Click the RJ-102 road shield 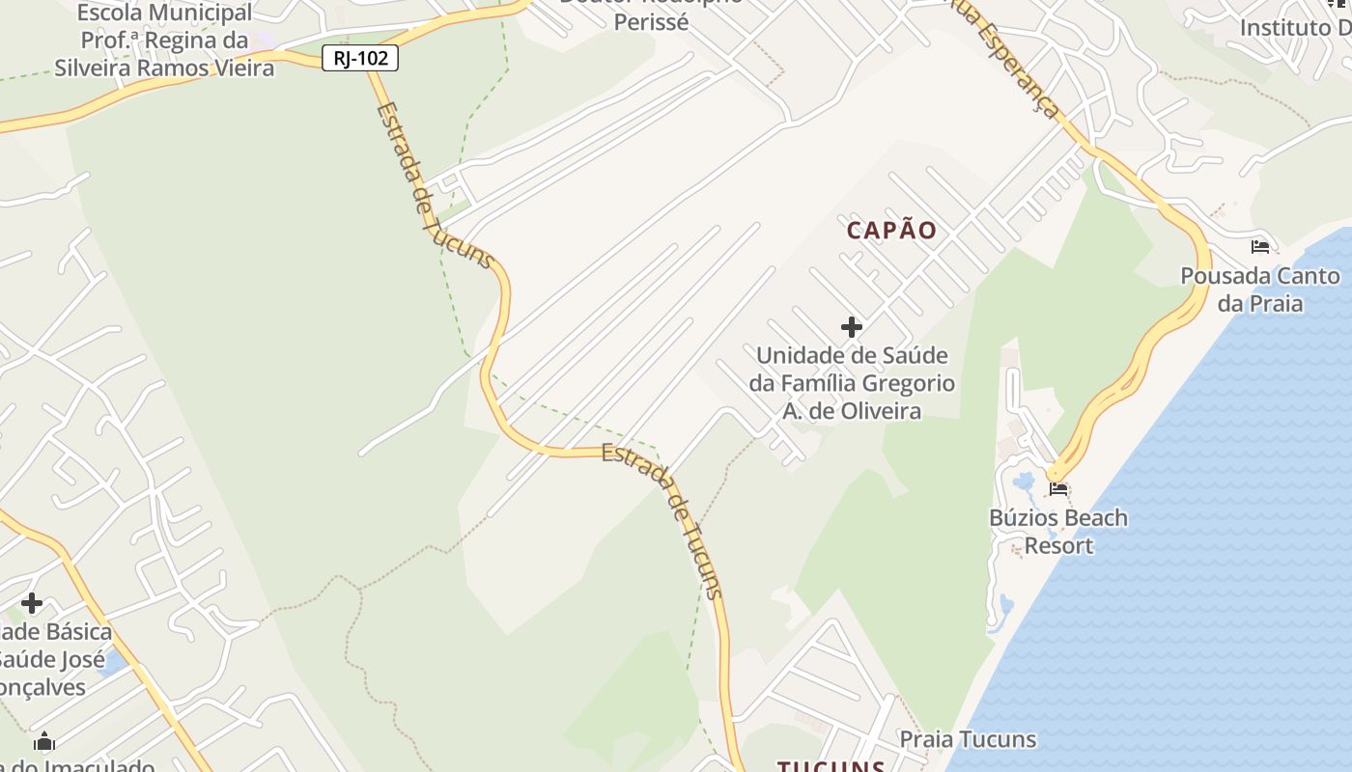pyautogui.click(x=360, y=58)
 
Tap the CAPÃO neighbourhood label pyautogui.click(x=892, y=230)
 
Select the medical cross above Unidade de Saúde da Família pyautogui.click(x=851, y=327)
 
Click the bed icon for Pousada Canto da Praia pyautogui.click(x=1259, y=247)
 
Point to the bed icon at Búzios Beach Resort pyautogui.click(x=1058, y=489)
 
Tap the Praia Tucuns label pyautogui.click(x=968, y=740)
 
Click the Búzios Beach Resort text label pyautogui.click(x=1058, y=532)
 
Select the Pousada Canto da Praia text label pyautogui.click(x=1259, y=289)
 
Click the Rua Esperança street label pyautogui.click(x=1004, y=56)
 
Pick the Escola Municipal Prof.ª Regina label pyautogui.click(x=164, y=41)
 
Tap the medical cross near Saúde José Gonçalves pyautogui.click(x=32, y=603)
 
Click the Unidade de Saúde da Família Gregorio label pyautogui.click(x=852, y=383)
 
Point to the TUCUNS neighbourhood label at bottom pyautogui.click(x=831, y=765)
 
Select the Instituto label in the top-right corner pyautogui.click(x=1294, y=27)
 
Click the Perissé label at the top pyautogui.click(x=652, y=20)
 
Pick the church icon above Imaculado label pyautogui.click(x=44, y=742)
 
